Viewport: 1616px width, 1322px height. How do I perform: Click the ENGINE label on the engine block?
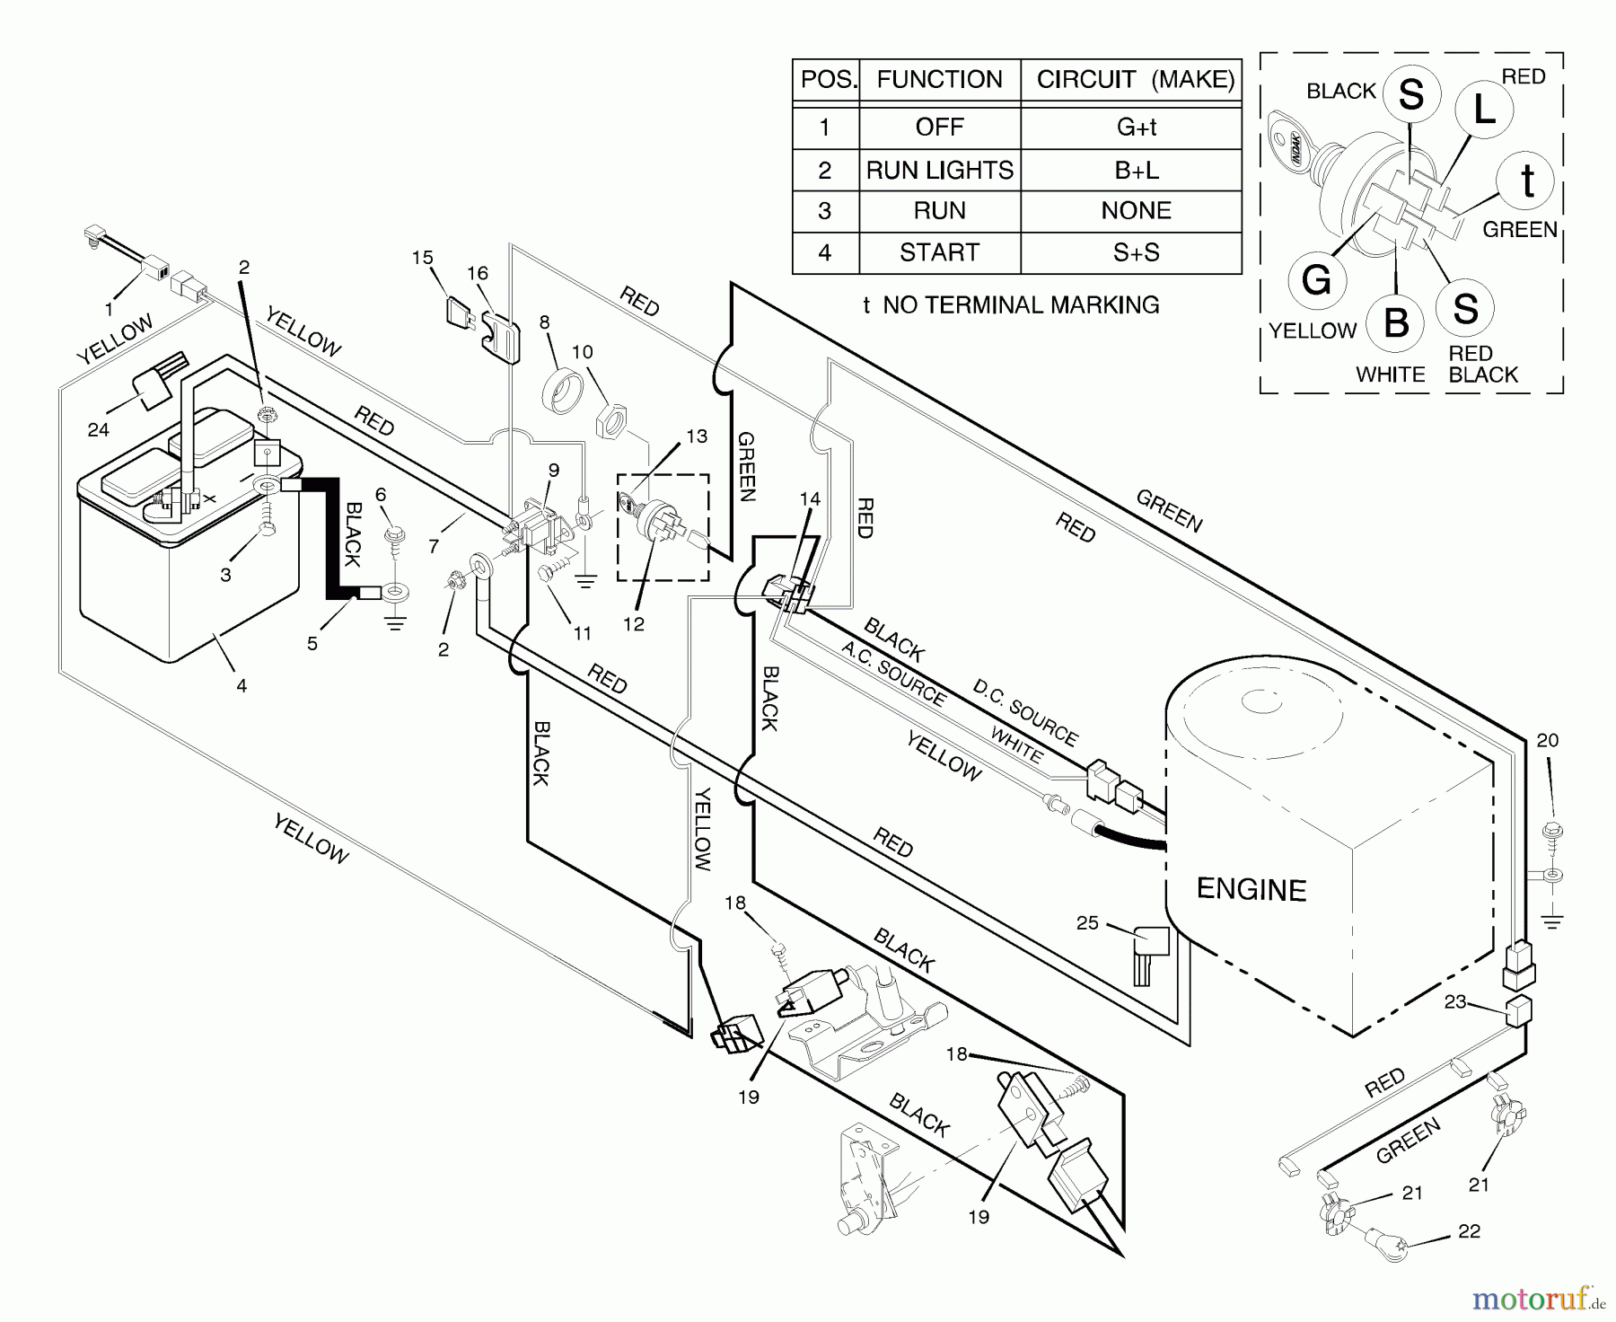pos(1251,889)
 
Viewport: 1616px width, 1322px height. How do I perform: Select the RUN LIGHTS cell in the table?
pos(939,170)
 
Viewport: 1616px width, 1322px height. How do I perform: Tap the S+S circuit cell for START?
pos(1136,252)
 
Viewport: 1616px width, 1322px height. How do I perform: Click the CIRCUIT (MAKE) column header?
pos(1136,79)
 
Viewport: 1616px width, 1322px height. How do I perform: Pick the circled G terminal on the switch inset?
pos(1316,280)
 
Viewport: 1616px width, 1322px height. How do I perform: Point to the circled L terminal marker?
pos(1483,110)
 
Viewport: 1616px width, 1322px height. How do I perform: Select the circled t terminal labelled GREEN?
pos(1526,181)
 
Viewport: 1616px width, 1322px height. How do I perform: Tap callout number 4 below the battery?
pos(242,686)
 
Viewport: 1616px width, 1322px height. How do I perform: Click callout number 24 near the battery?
pos(98,429)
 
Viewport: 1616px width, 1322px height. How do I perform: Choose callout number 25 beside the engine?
pos(1087,923)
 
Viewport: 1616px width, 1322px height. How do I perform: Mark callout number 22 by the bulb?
pos(1469,1231)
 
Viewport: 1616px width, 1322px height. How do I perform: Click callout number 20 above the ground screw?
pos(1548,740)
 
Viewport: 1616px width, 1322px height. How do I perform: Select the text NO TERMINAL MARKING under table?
pos(1021,305)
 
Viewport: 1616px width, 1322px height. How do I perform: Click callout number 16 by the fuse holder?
pos(477,273)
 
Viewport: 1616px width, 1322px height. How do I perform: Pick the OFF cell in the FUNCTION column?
pos(939,127)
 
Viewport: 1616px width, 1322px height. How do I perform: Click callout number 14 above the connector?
pos(810,498)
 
